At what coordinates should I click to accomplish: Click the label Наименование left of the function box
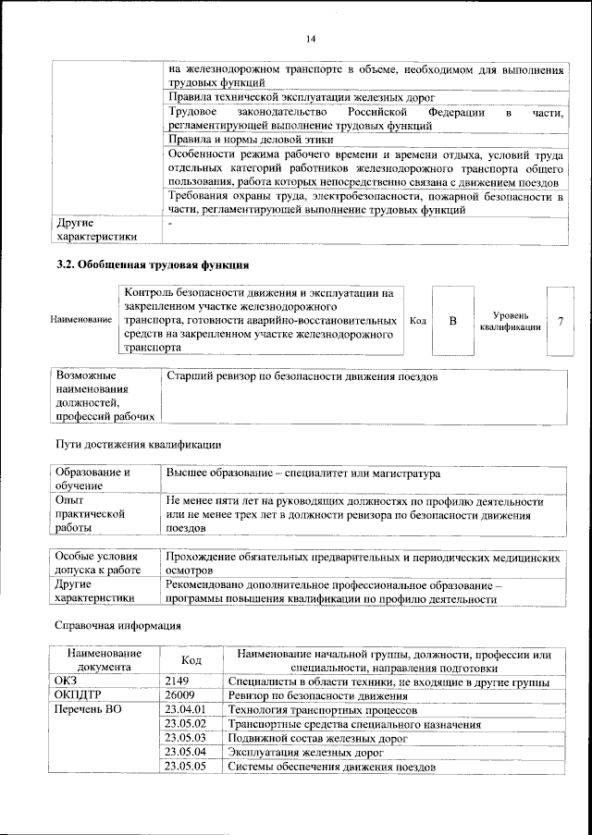point(80,320)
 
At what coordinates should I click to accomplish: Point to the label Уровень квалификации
point(510,321)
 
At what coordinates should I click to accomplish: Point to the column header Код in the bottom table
point(191,660)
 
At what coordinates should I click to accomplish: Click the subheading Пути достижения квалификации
point(138,444)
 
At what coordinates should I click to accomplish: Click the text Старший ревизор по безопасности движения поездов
point(302,377)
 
